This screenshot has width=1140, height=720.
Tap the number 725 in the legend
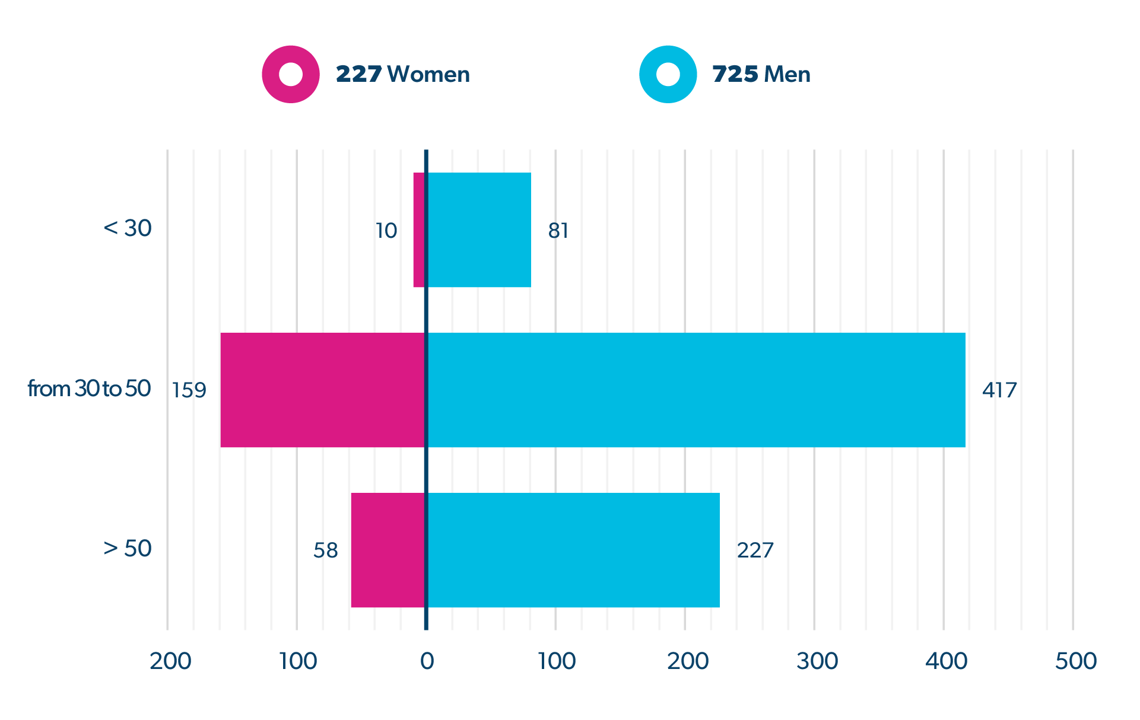click(x=735, y=75)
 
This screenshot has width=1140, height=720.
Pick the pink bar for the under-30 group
click(x=418, y=230)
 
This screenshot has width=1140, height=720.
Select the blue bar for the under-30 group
click(x=479, y=230)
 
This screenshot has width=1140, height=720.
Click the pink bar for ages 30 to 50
click(x=322, y=390)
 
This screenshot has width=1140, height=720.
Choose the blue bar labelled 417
click(x=696, y=390)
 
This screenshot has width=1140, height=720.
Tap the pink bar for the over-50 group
click(x=387, y=550)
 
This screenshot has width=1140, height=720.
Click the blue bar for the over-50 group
click(x=573, y=550)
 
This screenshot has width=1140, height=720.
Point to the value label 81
click(x=558, y=231)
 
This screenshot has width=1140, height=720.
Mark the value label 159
click(x=189, y=390)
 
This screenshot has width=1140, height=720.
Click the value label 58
click(x=326, y=551)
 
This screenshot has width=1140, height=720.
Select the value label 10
click(x=386, y=231)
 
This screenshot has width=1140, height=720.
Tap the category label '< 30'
click(x=128, y=228)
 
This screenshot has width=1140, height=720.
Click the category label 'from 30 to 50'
click(x=89, y=389)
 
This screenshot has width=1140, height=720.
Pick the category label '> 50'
click(x=128, y=549)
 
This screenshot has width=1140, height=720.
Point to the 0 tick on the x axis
click(x=427, y=661)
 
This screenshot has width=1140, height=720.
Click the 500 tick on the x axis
click(x=1075, y=661)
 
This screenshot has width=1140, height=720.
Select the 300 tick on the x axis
click(x=817, y=661)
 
